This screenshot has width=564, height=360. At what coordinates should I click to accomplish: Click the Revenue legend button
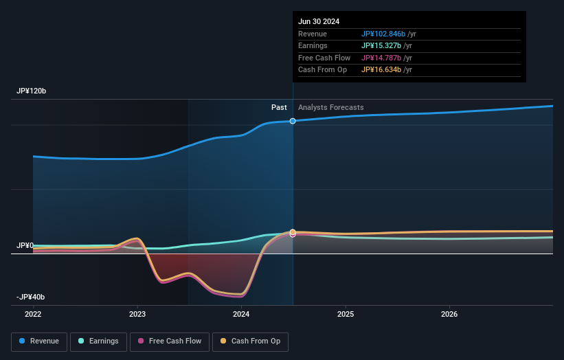39,341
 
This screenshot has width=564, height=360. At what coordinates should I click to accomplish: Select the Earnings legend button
98,341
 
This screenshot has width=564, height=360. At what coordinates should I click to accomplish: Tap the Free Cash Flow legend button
170,341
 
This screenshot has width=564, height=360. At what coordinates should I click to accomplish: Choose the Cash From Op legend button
251,341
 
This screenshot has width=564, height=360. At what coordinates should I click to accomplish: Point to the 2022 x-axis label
33,315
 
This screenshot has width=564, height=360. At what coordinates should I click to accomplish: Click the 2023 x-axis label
137,315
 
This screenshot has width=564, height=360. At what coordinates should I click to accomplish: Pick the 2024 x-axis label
241,315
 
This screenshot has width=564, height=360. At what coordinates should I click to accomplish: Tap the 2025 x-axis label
346,315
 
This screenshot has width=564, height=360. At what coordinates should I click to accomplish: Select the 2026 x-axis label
449,315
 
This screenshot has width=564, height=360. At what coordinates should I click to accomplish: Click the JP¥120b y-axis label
32,91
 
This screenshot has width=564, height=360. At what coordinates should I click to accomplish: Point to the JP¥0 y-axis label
25,245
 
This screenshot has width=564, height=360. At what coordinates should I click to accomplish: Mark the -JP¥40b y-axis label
31,297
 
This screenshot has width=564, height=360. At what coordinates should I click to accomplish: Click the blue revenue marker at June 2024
293,121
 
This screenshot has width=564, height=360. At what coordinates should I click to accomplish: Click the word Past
279,107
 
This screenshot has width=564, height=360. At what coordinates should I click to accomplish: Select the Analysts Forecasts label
331,107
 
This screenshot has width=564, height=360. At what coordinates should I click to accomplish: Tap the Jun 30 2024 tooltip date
319,21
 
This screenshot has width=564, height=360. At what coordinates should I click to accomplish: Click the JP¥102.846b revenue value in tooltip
386,34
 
